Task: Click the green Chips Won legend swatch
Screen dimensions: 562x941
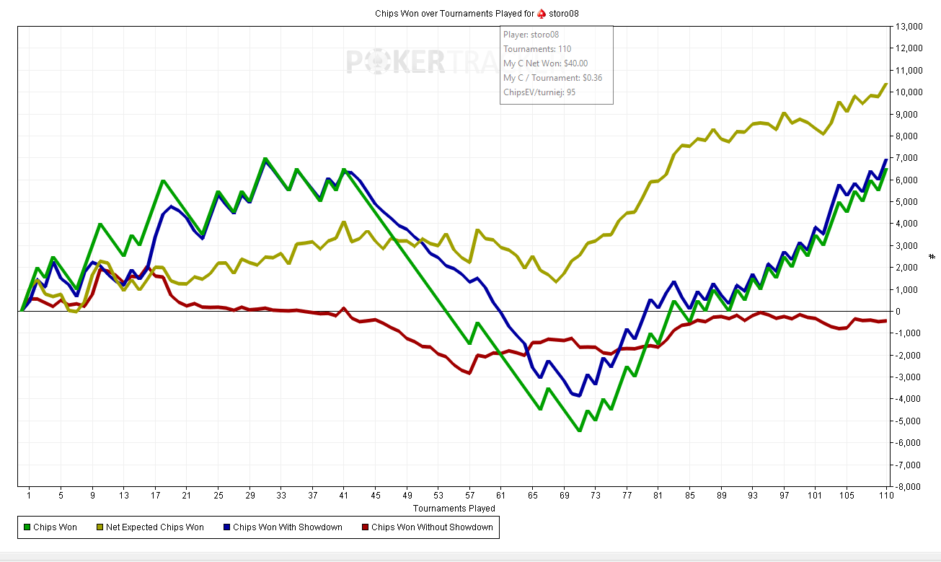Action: click(x=27, y=527)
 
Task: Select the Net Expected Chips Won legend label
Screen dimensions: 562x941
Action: click(x=154, y=527)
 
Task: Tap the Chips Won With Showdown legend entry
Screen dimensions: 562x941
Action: click(x=287, y=527)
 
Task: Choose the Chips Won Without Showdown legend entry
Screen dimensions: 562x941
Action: click(x=432, y=527)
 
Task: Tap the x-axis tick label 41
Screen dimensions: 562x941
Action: click(x=344, y=496)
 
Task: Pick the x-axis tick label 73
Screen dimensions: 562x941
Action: click(x=596, y=496)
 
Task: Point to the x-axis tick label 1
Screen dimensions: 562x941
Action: click(x=29, y=496)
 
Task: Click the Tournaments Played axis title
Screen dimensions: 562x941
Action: click(x=454, y=508)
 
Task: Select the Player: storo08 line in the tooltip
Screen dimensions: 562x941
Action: click(x=531, y=35)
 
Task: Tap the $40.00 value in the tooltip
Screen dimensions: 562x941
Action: click(x=575, y=63)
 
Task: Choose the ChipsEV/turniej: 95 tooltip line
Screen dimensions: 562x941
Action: click(x=539, y=92)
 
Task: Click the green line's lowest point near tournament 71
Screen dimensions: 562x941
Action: click(x=580, y=431)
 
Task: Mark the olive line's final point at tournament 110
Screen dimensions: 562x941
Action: click(x=885, y=84)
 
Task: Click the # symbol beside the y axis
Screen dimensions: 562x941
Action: click(x=932, y=256)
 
